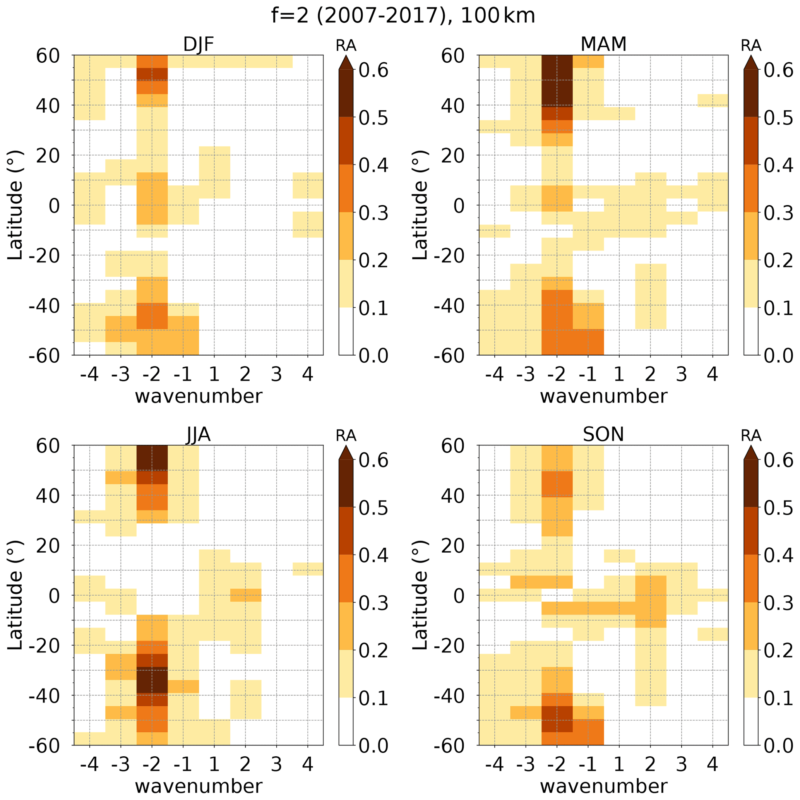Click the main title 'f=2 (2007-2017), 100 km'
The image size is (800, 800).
point(403,16)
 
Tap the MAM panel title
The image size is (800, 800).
point(603,44)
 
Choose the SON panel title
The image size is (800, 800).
point(603,435)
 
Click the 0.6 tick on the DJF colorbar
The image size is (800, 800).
point(373,70)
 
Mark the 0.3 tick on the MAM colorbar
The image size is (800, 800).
point(778,213)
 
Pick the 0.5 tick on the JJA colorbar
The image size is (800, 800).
point(373,508)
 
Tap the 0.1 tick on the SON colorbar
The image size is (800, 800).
point(778,698)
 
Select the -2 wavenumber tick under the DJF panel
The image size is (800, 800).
point(152,375)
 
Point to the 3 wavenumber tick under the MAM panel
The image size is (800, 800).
point(681,375)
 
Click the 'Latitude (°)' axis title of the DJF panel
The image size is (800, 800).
point(15,206)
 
